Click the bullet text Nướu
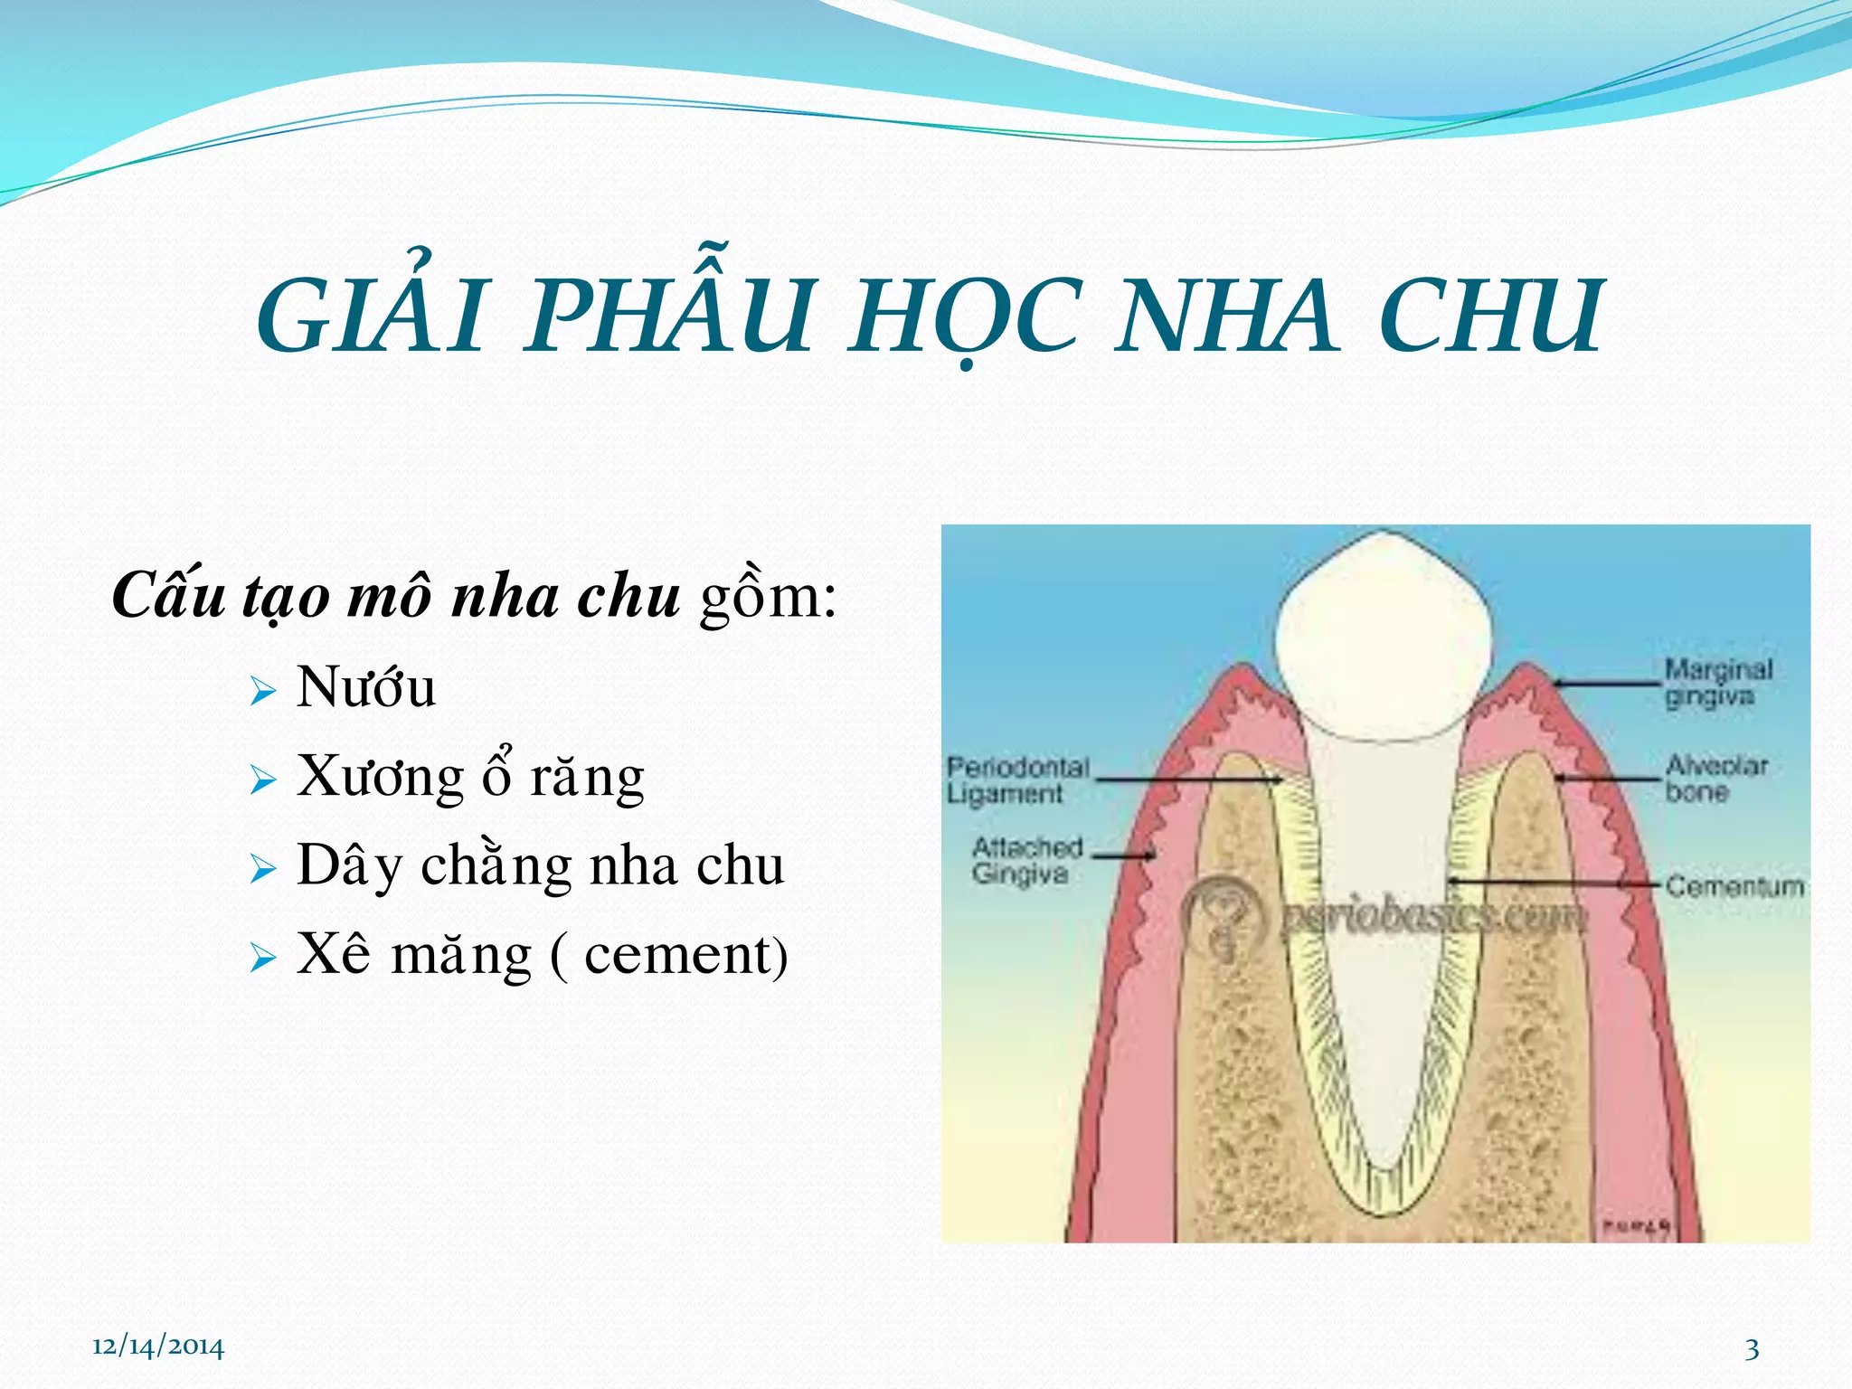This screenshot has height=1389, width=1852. coord(366,687)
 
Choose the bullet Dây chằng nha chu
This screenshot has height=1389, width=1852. coord(540,865)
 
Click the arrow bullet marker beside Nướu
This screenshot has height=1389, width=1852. coord(262,693)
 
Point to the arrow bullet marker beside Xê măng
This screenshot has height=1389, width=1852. coord(262,958)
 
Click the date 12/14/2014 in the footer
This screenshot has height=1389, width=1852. coord(158,1346)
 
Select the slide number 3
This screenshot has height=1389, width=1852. coord(1752,1349)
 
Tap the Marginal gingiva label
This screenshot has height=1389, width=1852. coord(1717,683)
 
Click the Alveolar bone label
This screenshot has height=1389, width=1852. coord(1715,778)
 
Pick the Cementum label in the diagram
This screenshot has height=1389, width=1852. coord(1734,885)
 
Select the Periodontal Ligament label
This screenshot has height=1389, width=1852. coord(1016,780)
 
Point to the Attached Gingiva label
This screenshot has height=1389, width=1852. coord(1025,860)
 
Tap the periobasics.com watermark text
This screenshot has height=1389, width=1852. coord(1433,916)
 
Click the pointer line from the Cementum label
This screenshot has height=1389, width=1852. coord(1555,882)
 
